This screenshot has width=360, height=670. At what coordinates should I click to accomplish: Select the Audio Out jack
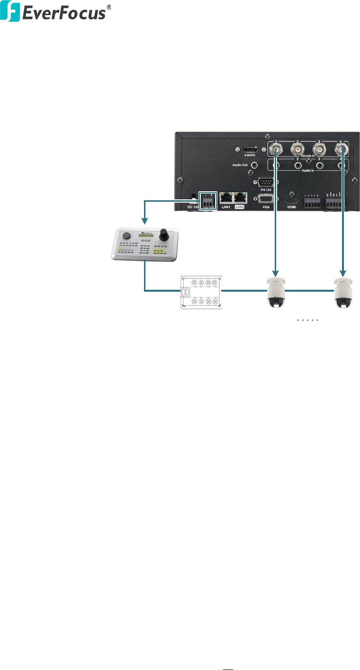click(254, 165)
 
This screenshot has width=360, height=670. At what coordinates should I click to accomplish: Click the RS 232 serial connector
click(265, 182)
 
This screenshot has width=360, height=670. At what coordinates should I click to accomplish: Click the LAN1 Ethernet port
click(226, 198)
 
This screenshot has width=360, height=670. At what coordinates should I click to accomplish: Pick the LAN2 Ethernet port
click(241, 198)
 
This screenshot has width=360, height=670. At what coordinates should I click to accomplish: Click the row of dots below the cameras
click(308, 321)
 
